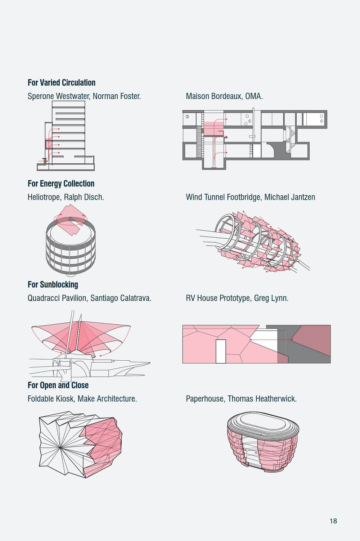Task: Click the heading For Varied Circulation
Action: click(62, 82)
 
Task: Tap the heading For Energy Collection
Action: click(61, 184)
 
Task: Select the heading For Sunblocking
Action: click(53, 284)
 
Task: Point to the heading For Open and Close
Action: click(58, 385)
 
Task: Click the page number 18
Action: click(333, 521)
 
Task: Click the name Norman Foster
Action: click(117, 96)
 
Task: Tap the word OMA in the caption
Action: click(254, 96)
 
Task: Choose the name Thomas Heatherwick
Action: click(262, 399)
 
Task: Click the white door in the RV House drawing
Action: click(221, 351)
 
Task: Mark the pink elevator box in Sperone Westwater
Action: click(49, 144)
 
